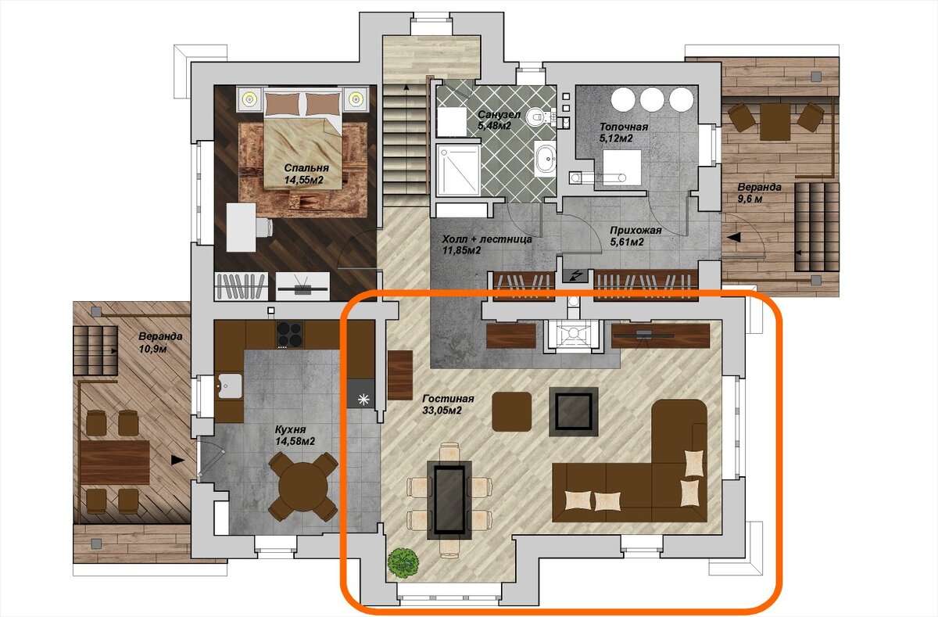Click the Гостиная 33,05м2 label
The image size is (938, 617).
pyautogui.click(x=448, y=404)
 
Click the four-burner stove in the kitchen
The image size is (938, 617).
pyautogui.click(x=290, y=334)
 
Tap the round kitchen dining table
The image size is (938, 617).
pyautogui.click(x=303, y=486)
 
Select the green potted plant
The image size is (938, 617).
pyautogui.click(x=403, y=564)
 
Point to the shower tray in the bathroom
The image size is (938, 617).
pyautogui.click(x=458, y=170)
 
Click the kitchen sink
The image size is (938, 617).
pyautogui.click(x=228, y=386)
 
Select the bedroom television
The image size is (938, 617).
pyautogui.click(x=303, y=286)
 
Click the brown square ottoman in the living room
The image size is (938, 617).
pyautogui.click(x=512, y=412)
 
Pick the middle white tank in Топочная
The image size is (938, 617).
pyautogui.click(x=652, y=99)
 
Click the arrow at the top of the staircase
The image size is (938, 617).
pyautogui.click(x=406, y=88)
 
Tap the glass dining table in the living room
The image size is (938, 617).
pyautogui.click(x=449, y=500)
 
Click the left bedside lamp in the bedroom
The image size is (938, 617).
pyautogui.click(x=250, y=99)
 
